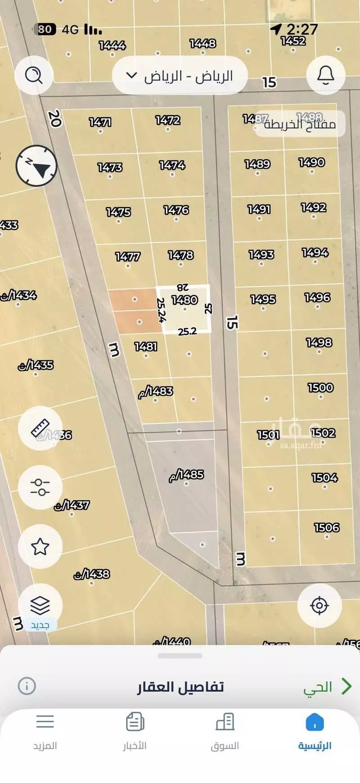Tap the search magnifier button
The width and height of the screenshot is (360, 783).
pyautogui.click(x=34, y=75)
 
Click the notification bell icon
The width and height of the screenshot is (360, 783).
pyautogui.click(x=325, y=75)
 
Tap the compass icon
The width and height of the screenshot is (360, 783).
pyautogui.click(x=36, y=166)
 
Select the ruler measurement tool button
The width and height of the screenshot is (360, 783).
pyautogui.click(x=40, y=428)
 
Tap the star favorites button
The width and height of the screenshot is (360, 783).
pyautogui.click(x=40, y=547)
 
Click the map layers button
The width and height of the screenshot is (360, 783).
pyautogui.click(x=40, y=606)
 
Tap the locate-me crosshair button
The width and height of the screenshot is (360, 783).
pyautogui.click(x=319, y=606)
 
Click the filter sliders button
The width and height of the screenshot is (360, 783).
pyautogui.click(x=40, y=487)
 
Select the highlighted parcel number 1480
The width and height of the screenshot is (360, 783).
pyautogui.click(x=184, y=300)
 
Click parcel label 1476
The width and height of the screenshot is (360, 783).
pyautogui.click(x=176, y=210)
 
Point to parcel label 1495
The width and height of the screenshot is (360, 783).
pyautogui.click(x=263, y=299)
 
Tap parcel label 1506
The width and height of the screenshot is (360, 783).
pyautogui.click(x=327, y=527)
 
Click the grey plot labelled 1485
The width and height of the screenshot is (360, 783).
pyautogui.click(x=186, y=475)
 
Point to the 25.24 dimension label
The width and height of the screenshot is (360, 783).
pyautogui.click(x=162, y=310)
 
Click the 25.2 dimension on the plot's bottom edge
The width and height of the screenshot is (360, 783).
pyautogui.click(x=187, y=332)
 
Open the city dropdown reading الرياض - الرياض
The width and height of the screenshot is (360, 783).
pyautogui.click(x=180, y=76)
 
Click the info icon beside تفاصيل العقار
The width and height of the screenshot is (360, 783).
pyautogui.click(x=27, y=686)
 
